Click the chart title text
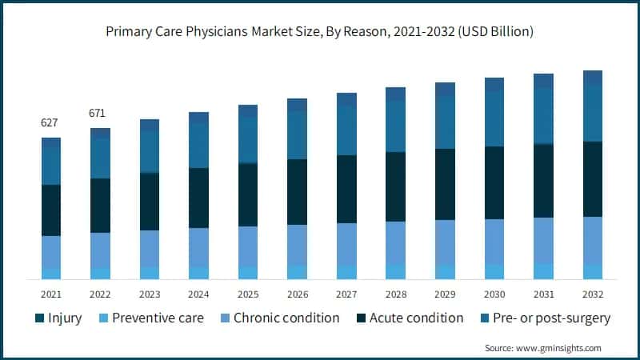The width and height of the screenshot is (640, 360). click(x=320, y=33)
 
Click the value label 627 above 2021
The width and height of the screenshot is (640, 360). click(x=50, y=122)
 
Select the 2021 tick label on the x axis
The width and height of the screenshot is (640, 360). click(x=50, y=294)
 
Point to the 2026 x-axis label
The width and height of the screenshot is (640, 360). click(x=297, y=294)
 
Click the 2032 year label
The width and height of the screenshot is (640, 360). click(x=592, y=294)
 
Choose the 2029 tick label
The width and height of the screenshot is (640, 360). click(x=445, y=294)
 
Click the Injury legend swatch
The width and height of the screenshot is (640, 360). click(x=39, y=318)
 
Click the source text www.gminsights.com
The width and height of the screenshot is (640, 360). click(x=543, y=348)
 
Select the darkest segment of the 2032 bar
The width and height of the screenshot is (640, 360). click(x=592, y=179)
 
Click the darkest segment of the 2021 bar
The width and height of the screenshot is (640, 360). click(x=50, y=210)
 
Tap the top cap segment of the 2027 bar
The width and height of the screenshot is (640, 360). click(x=346, y=99)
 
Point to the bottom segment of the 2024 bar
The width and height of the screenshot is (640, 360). click(x=198, y=273)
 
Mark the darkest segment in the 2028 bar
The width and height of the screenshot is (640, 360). click(x=395, y=186)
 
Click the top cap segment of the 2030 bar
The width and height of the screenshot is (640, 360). click(x=494, y=84)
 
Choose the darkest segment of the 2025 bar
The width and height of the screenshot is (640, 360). click(x=248, y=194)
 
